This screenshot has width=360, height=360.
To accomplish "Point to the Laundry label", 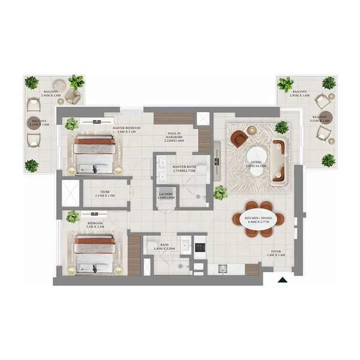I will (166, 196).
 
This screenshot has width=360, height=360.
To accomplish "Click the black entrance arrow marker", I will (282, 278).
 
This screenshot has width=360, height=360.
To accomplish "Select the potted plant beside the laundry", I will (220, 193).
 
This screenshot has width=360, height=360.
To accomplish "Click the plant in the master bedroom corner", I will (72, 124).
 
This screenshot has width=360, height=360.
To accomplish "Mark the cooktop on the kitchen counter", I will (199, 246).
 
